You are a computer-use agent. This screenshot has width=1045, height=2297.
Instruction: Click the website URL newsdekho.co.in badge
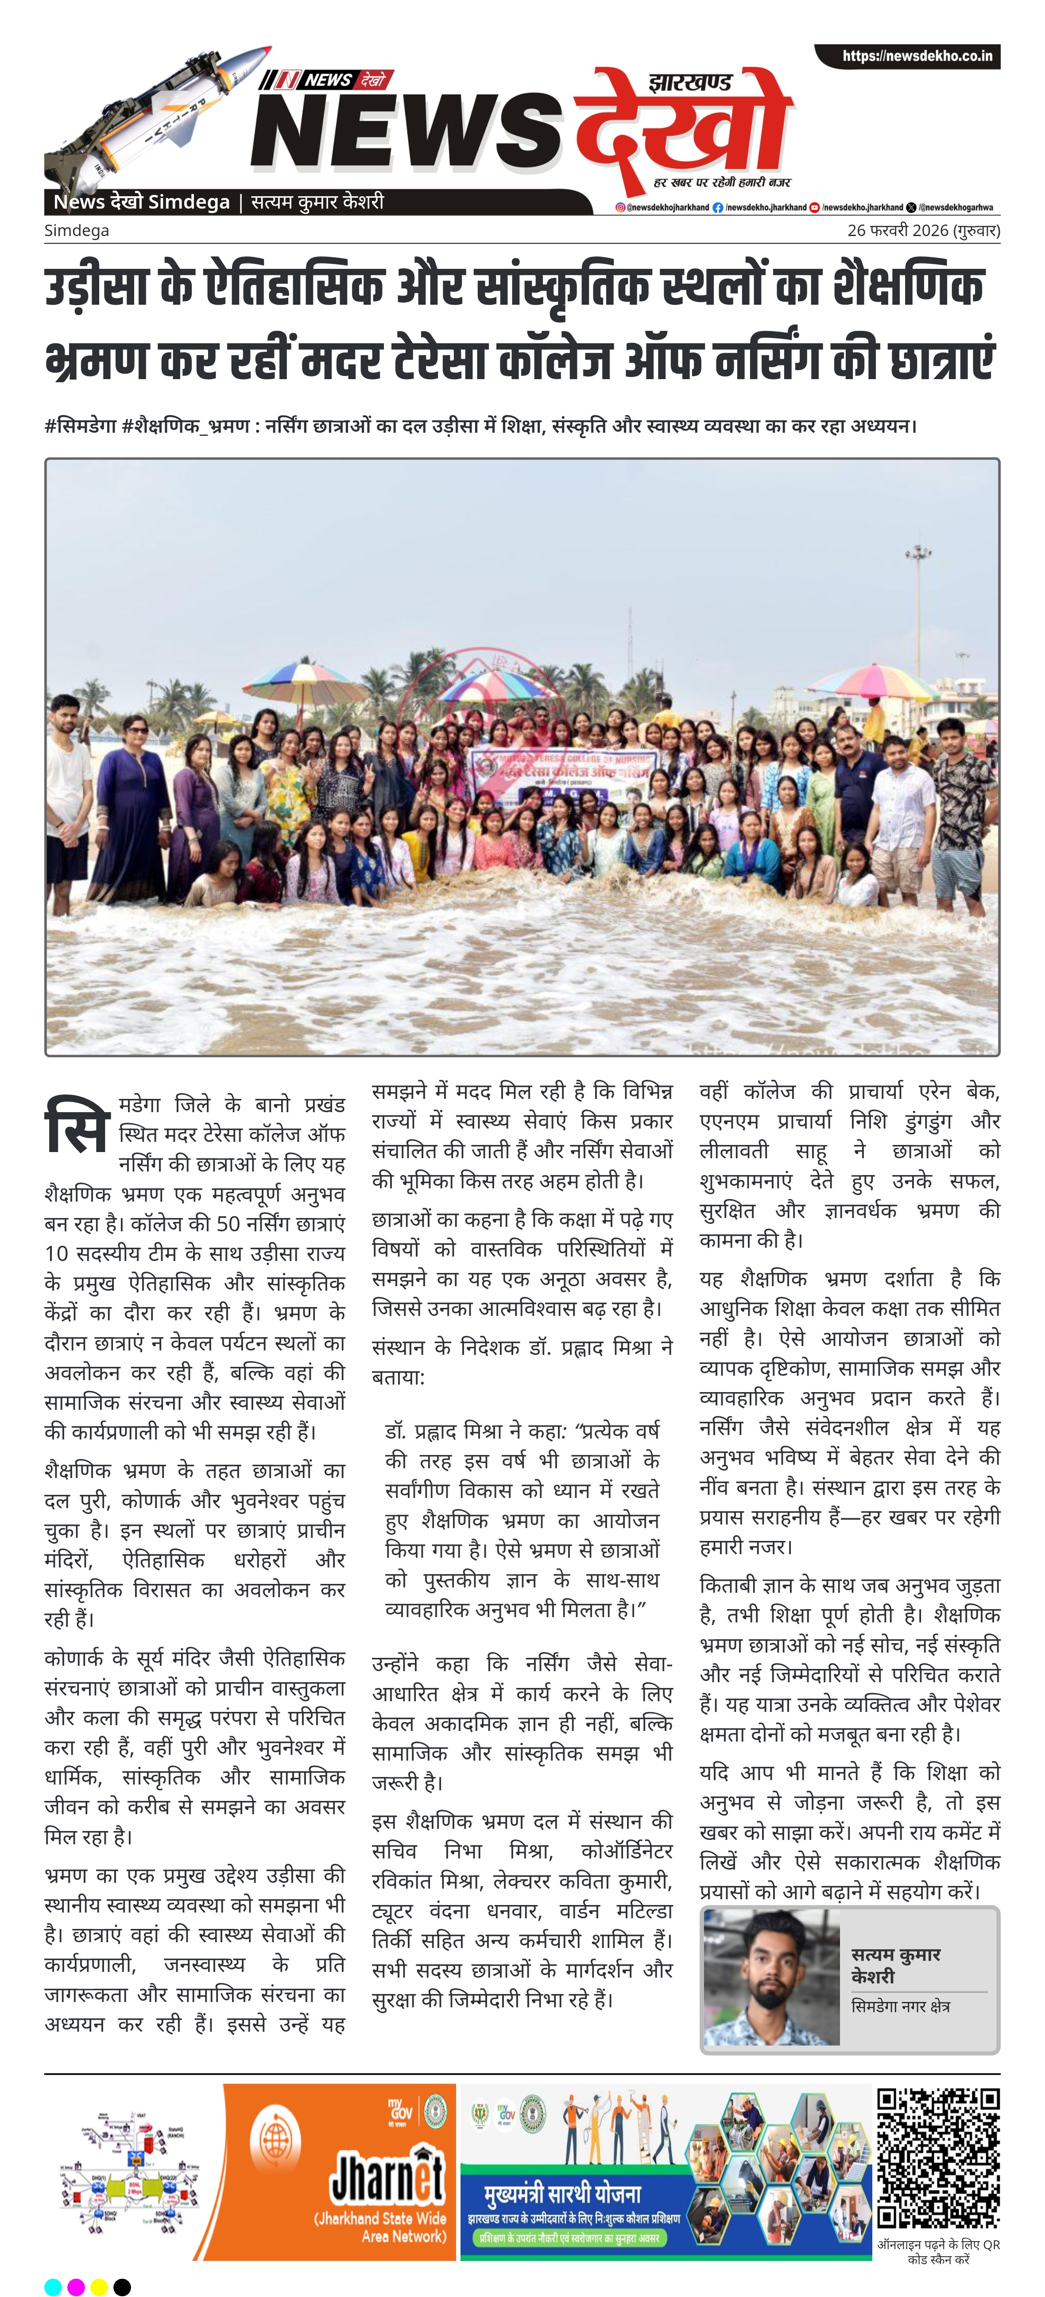pyautogui.click(x=908, y=56)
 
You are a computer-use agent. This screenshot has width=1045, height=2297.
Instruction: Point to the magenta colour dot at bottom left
pyautogui.click(x=76, y=2287)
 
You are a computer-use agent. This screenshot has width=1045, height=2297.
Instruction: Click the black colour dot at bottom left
pyautogui.click(x=122, y=2287)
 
